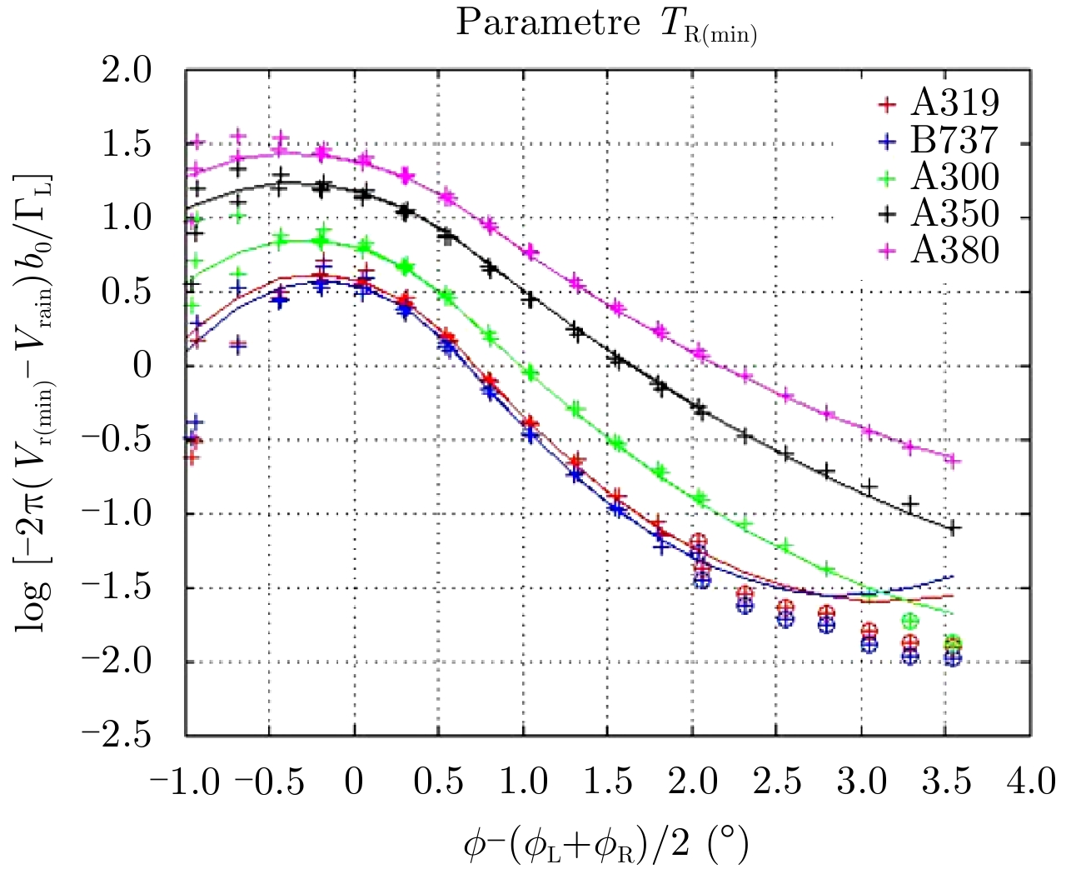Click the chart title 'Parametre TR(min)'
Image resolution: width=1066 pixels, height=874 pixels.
pyautogui.click(x=605, y=24)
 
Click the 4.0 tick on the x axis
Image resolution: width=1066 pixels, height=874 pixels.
pyautogui.click(x=1031, y=782)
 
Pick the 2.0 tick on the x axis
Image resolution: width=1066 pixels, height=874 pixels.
pyautogui.click(x=693, y=782)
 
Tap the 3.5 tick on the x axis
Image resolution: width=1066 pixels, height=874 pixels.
pyautogui.click(x=946, y=782)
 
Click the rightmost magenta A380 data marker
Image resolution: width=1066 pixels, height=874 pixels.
pyautogui.click(x=954, y=461)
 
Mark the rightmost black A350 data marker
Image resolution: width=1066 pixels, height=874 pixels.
pyautogui.click(x=954, y=528)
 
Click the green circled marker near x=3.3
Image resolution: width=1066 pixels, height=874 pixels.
pyautogui.click(x=910, y=621)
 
